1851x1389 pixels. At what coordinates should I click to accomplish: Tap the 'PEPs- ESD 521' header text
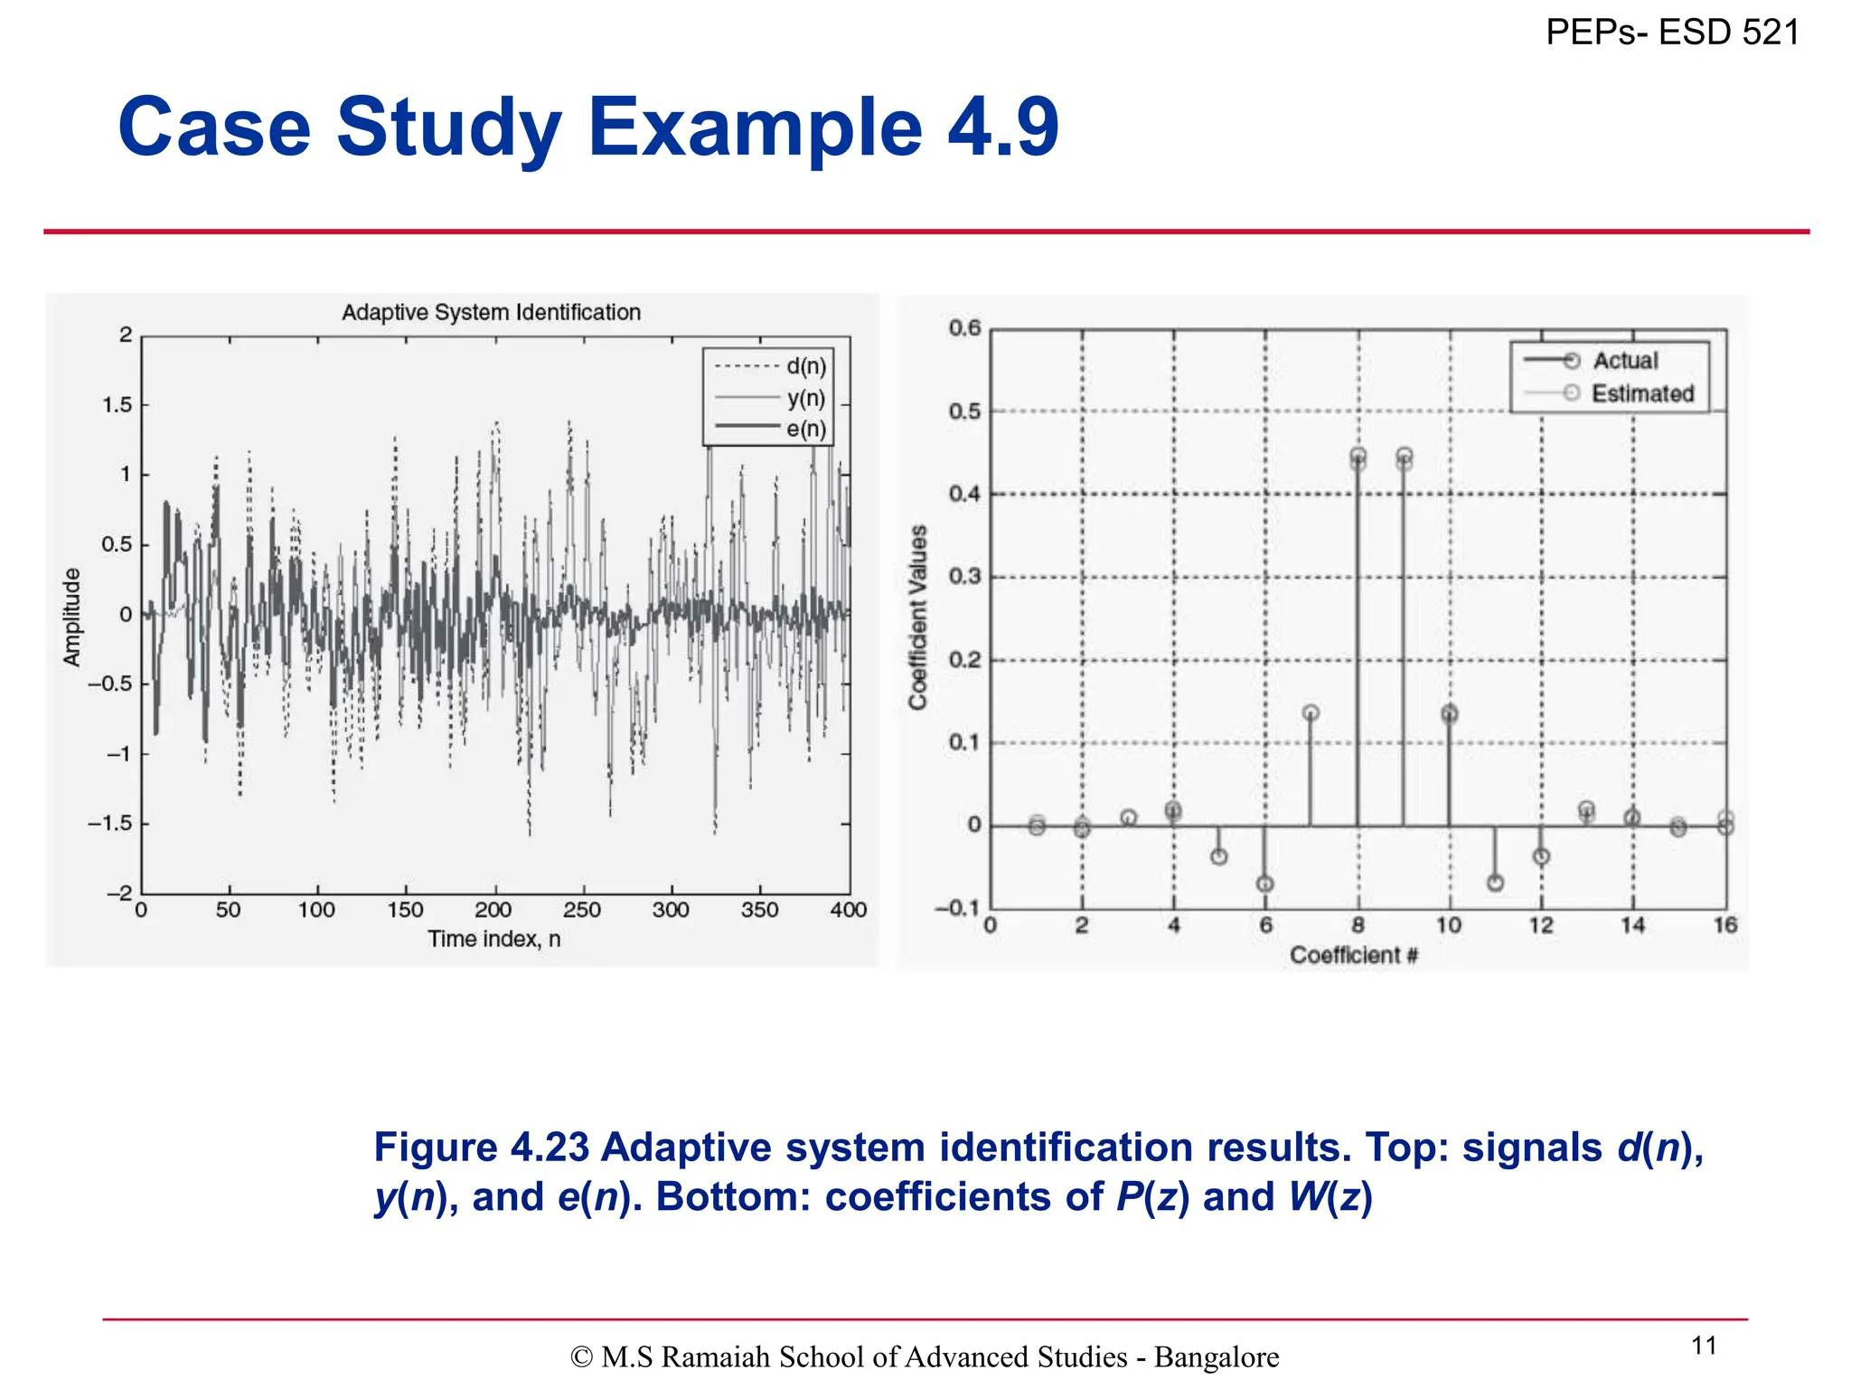(1672, 33)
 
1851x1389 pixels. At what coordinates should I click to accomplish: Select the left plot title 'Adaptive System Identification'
(491, 313)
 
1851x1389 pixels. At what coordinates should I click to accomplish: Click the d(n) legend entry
(805, 366)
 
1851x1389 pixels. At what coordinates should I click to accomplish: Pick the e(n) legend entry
(805, 429)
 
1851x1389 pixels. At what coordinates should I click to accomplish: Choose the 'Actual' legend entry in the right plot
(1624, 361)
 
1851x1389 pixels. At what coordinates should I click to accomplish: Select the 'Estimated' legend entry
(1641, 393)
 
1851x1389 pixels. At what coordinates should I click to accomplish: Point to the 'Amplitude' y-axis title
(71, 617)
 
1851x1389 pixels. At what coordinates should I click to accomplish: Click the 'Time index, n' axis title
(494, 940)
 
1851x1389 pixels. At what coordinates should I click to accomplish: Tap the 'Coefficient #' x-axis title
(1353, 955)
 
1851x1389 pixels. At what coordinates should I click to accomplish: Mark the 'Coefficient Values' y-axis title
(918, 617)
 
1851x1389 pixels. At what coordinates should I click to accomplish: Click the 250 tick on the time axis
(582, 910)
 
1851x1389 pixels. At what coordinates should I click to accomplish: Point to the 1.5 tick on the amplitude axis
(117, 405)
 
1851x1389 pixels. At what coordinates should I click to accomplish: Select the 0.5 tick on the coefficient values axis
(963, 411)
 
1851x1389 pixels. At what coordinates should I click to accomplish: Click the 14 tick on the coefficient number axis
(1632, 925)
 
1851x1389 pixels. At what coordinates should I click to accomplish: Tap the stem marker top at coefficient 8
(1358, 458)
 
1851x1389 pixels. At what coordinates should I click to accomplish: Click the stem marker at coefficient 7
(1311, 713)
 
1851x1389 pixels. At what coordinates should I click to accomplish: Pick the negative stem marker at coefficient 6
(1265, 883)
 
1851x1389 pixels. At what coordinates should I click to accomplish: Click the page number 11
(1704, 1346)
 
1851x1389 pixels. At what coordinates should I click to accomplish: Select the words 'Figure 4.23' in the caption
(481, 1148)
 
